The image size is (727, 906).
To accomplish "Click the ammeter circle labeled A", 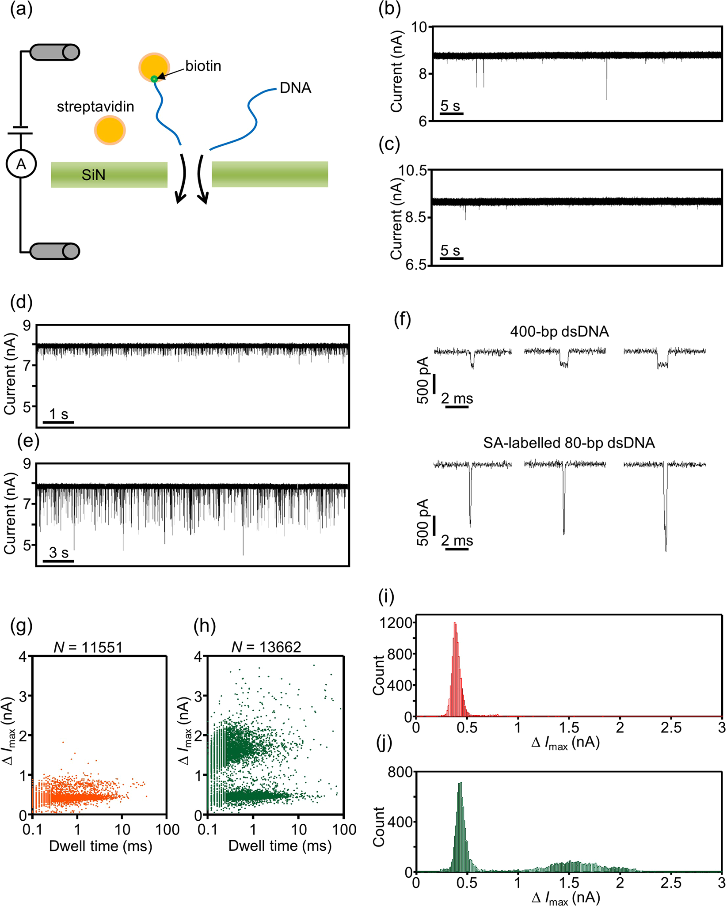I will tap(21, 164).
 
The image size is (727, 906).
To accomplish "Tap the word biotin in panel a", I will tap(203, 66).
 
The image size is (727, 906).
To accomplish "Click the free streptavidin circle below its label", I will tap(110, 130).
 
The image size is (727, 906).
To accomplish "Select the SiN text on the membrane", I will tap(93, 175).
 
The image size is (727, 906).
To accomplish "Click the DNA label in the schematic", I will tap(295, 88).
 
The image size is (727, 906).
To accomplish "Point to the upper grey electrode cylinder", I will tap(54, 52).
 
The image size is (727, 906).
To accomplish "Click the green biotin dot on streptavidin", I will tap(154, 79).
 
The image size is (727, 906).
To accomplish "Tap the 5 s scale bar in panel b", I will tap(451, 114).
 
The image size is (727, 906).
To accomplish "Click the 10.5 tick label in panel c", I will tap(413, 170).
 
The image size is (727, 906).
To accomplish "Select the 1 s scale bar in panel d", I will tap(58, 422).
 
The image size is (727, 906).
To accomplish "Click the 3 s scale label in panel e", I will tap(58, 553).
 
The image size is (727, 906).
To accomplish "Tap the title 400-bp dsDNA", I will tap(559, 331).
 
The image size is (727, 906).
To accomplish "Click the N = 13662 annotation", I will tap(266, 647).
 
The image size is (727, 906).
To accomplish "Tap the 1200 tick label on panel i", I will tap(396, 623).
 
